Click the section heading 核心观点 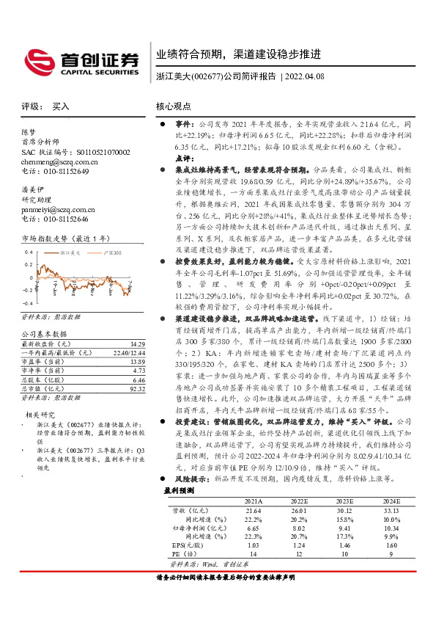[174, 106]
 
